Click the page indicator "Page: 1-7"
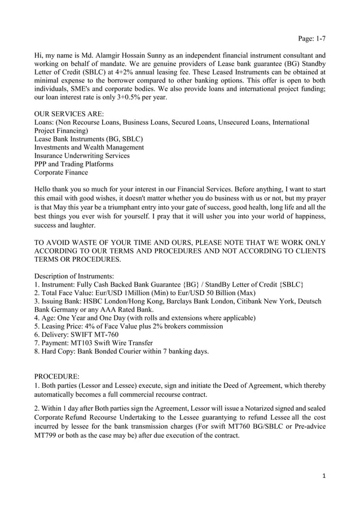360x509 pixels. [x=311, y=39]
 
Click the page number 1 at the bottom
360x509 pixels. [x=323, y=476]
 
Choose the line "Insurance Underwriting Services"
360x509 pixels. [x=82, y=156]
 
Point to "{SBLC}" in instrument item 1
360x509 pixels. [x=291, y=284]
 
